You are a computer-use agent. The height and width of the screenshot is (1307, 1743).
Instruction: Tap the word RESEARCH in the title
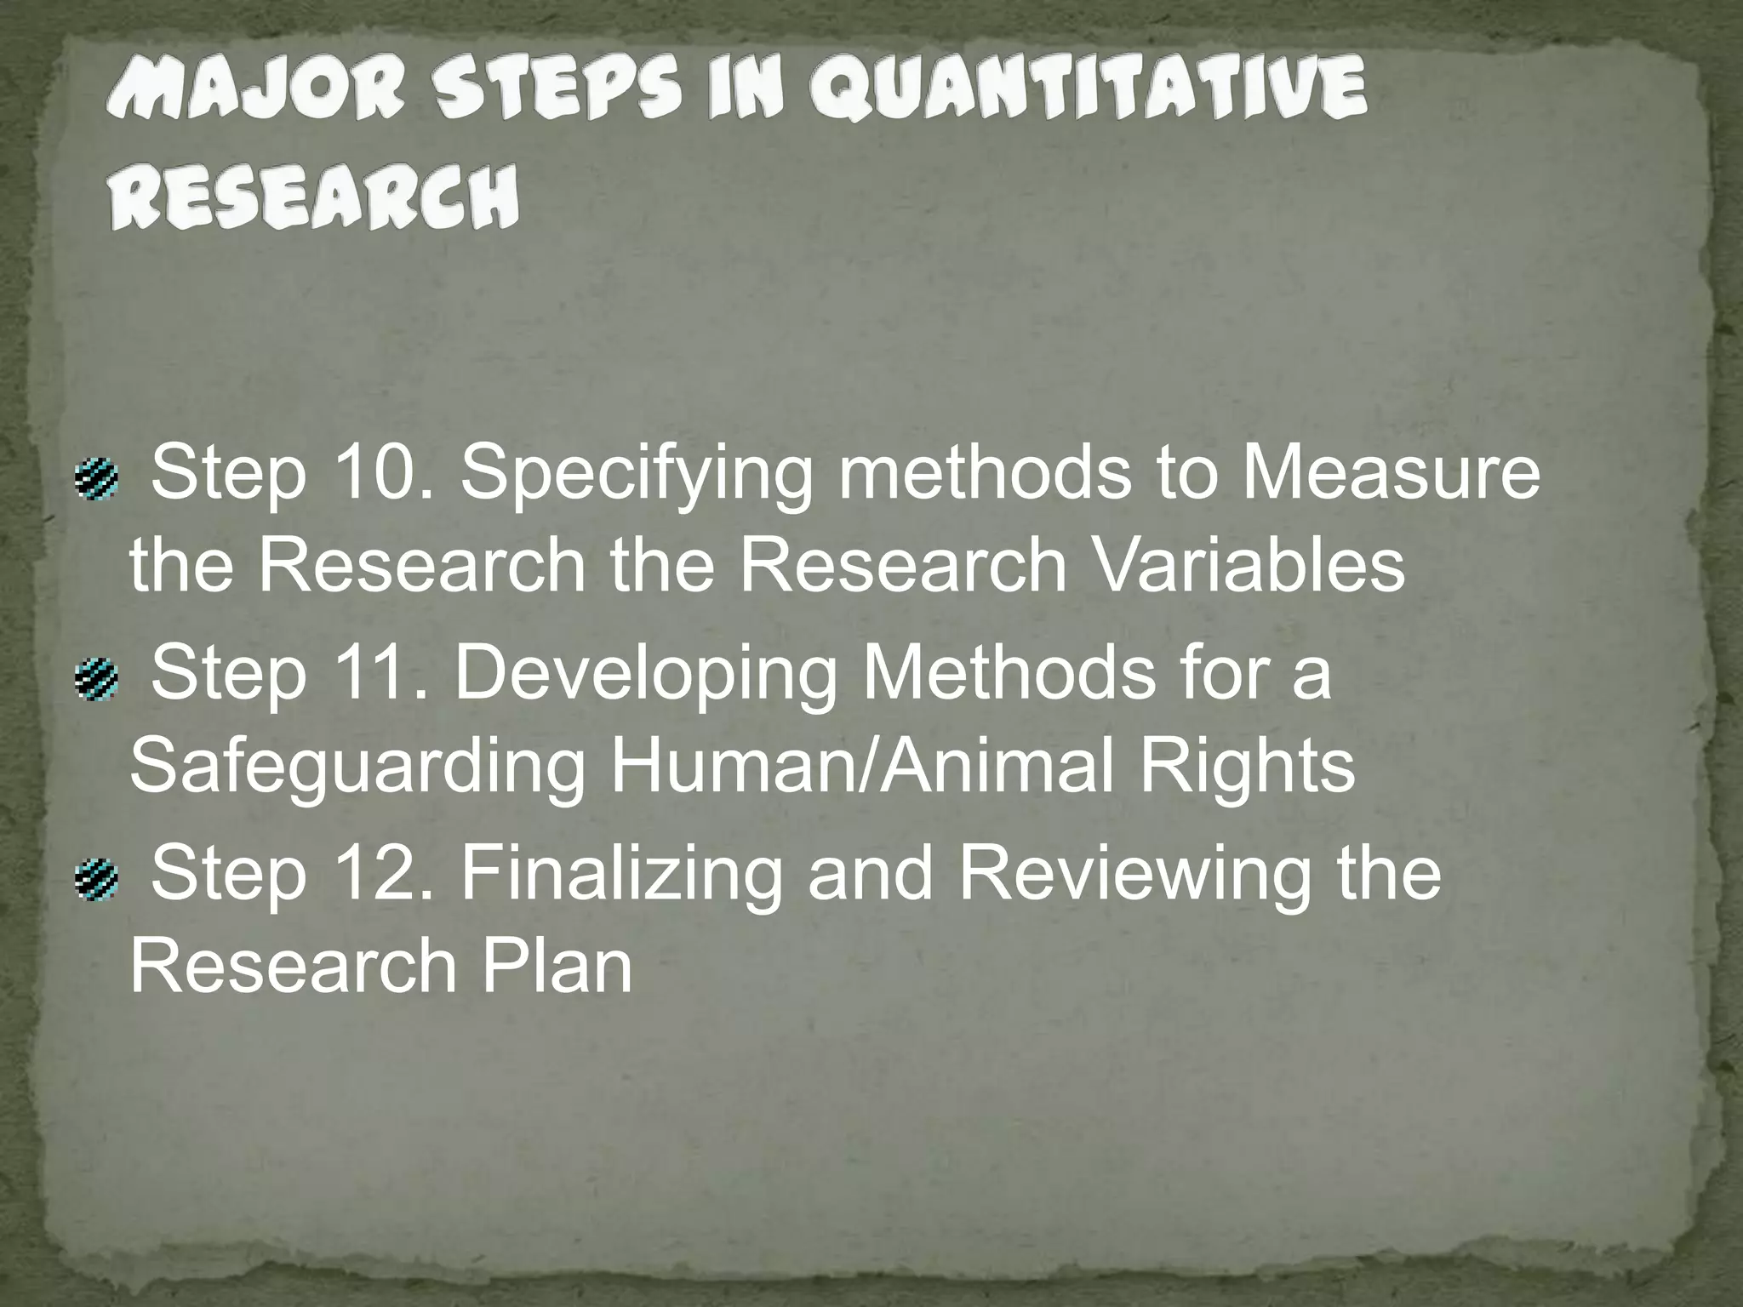click(x=314, y=197)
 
